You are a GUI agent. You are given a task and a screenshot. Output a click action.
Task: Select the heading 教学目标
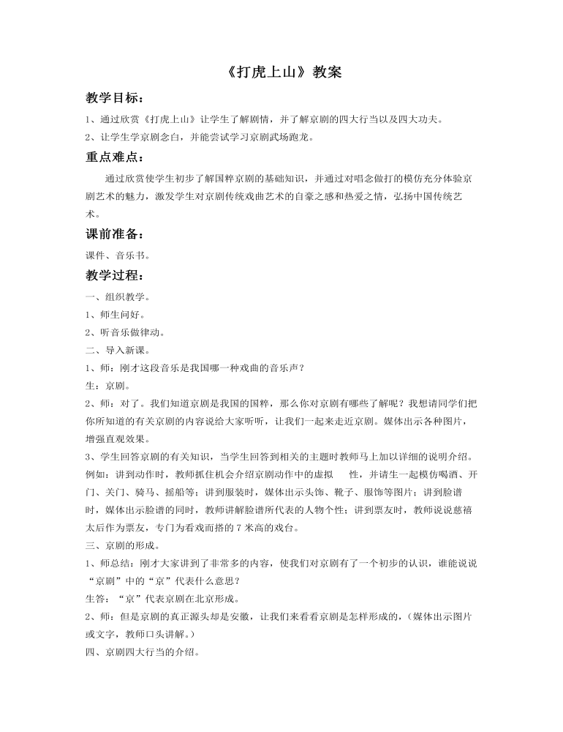coord(115,98)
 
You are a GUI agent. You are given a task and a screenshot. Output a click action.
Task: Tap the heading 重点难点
coord(115,156)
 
